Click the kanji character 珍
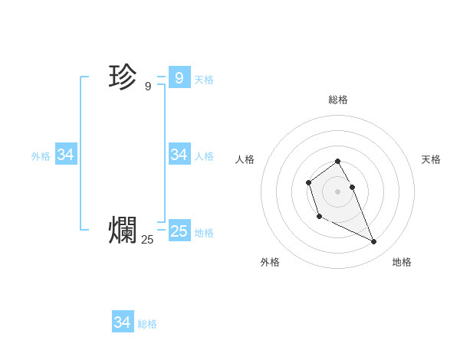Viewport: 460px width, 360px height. point(123,77)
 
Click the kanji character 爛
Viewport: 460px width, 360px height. point(123,230)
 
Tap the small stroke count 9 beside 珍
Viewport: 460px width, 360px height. point(148,87)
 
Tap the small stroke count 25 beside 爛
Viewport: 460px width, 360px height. point(147,240)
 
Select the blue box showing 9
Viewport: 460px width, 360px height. point(179,77)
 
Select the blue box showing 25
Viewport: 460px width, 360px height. point(179,231)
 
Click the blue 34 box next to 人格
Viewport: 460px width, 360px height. point(179,155)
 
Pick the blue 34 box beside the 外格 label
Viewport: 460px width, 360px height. point(65,155)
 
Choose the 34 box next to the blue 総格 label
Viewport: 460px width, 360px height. point(122,322)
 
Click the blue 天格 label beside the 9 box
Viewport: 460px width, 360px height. point(204,80)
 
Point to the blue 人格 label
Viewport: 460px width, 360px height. point(204,156)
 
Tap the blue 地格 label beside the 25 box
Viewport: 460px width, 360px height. point(204,233)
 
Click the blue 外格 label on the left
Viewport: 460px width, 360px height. point(41,156)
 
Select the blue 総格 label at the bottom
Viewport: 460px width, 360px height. point(147,324)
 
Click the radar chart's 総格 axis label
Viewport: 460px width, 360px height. point(338,100)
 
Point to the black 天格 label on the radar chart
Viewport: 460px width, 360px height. point(431,159)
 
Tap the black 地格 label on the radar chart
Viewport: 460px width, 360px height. point(402,262)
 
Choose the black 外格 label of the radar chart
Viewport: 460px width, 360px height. point(270,262)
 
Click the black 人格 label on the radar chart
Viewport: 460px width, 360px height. point(245,159)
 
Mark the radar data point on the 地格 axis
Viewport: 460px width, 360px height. point(373,242)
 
